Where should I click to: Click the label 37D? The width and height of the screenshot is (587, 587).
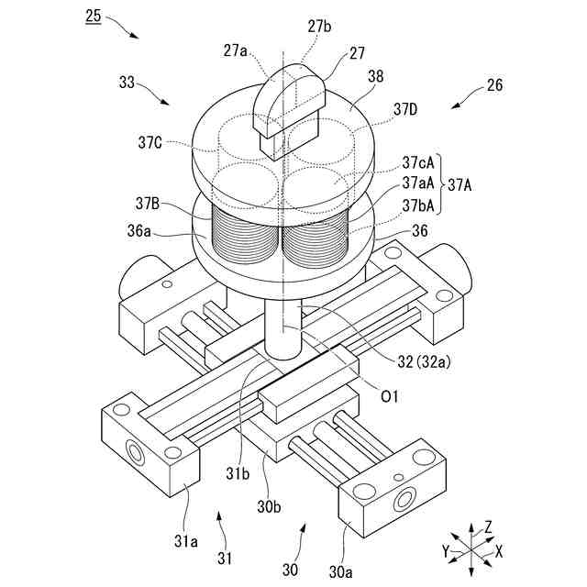(x=405, y=110)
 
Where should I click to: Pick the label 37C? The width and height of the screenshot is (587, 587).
(x=150, y=143)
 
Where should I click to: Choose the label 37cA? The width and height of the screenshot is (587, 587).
(x=418, y=162)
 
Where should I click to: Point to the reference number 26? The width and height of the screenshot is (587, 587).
(x=494, y=88)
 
